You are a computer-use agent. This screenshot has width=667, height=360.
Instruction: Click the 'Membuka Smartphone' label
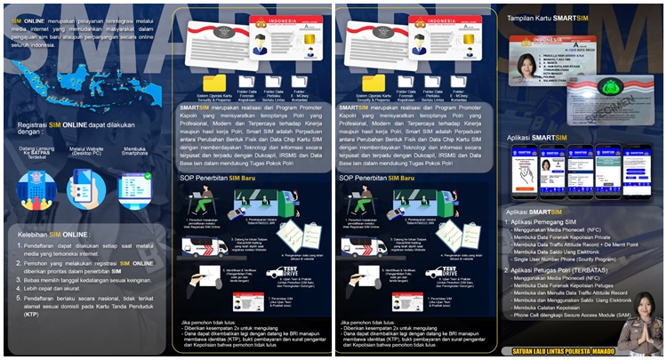pyautogui.click(x=135, y=153)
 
